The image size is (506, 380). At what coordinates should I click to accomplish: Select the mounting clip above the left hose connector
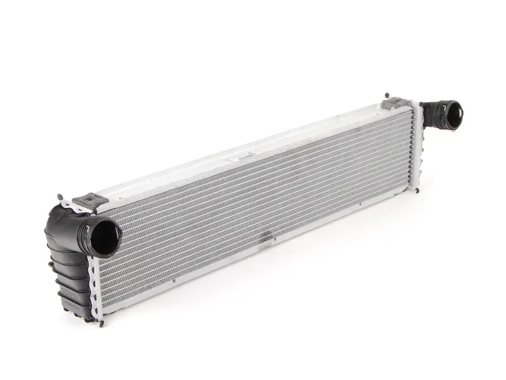86,201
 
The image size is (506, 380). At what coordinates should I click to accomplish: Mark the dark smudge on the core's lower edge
273,239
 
